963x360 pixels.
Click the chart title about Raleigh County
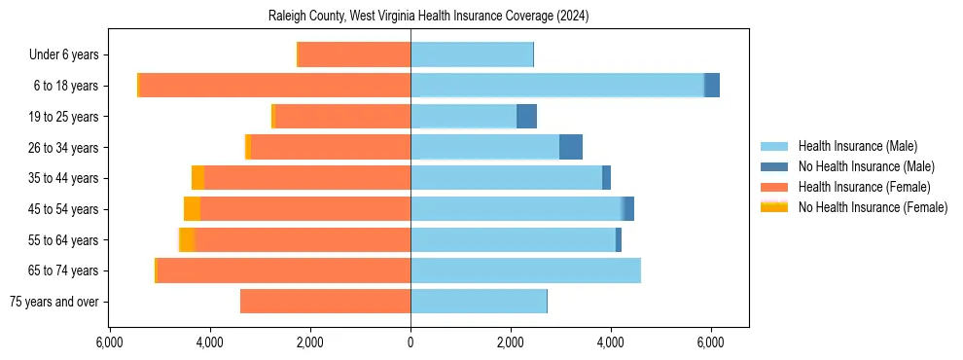428,17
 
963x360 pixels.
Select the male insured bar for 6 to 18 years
557,86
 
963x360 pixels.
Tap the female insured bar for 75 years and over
325,302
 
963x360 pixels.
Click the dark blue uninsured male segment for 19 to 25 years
526,117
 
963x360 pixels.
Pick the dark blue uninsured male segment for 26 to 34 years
571,147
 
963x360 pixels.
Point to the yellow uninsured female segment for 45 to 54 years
192,209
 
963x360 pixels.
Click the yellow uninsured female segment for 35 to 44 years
197,178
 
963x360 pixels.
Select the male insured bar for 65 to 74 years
525,270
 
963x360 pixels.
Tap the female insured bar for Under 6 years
354,54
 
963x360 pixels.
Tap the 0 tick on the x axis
410,343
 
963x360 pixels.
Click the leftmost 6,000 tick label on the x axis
110,343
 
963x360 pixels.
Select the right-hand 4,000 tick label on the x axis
611,343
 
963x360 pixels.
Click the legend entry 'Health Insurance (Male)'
857,146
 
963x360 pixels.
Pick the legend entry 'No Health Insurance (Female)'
873,207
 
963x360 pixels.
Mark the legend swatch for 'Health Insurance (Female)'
775,187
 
